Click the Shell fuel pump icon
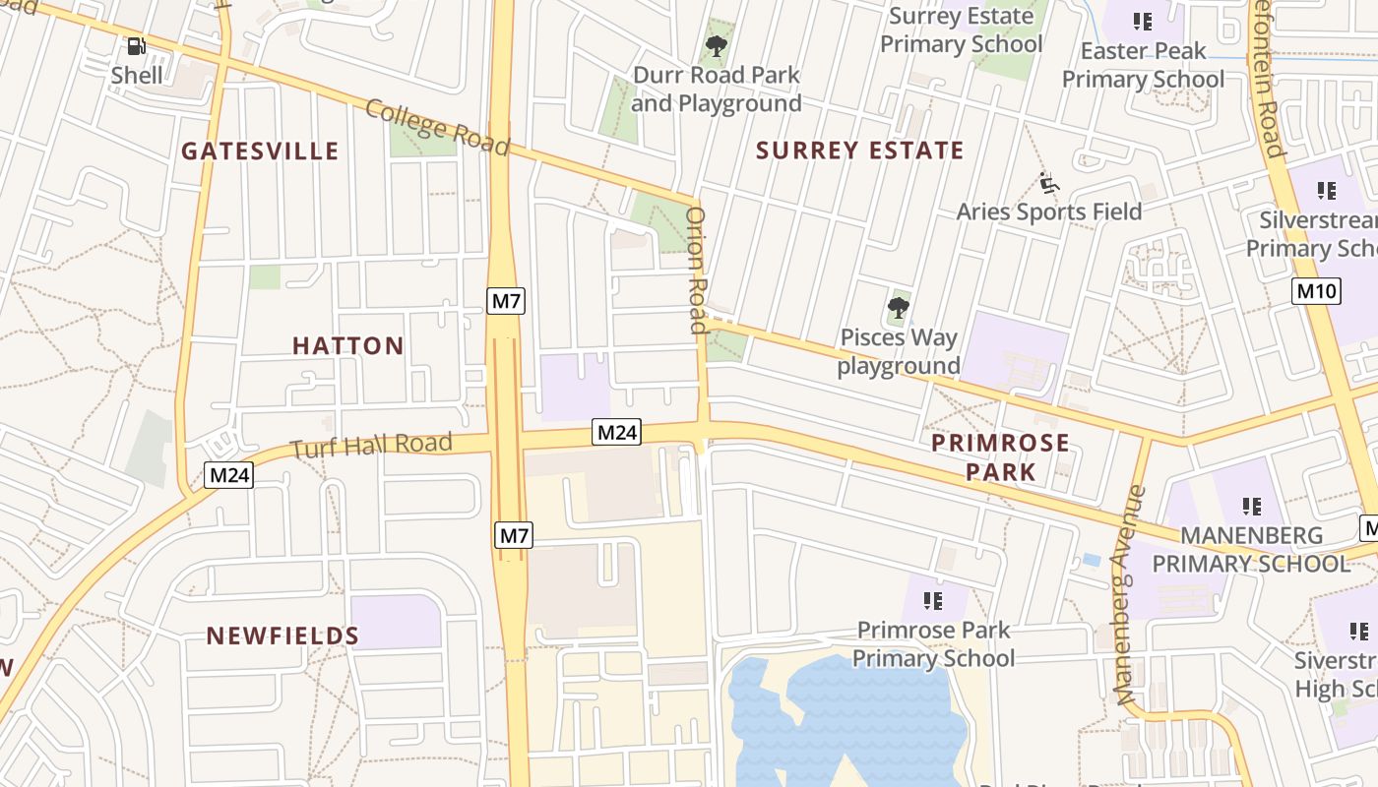(x=136, y=45)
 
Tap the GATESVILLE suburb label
(x=260, y=151)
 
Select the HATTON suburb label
(x=348, y=345)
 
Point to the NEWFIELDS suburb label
(x=282, y=636)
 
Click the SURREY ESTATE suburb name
(x=860, y=151)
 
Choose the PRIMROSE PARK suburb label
(x=1000, y=456)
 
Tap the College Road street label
(x=437, y=127)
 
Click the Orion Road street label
(x=697, y=270)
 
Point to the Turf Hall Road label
(x=371, y=446)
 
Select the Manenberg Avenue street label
(x=1131, y=594)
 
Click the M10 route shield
(x=1316, y=290)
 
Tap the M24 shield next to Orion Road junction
(x=617, y=431)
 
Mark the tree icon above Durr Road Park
(x=717, y=45)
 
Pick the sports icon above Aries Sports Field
(x=1049, y=183)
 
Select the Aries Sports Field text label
(x=1049, y=212)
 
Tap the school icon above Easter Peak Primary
(x=1142, y=21)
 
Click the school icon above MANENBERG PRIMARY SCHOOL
(x=1251, y=507)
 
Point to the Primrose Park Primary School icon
(x=933, y=600)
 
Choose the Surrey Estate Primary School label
(x=961, y=30)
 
